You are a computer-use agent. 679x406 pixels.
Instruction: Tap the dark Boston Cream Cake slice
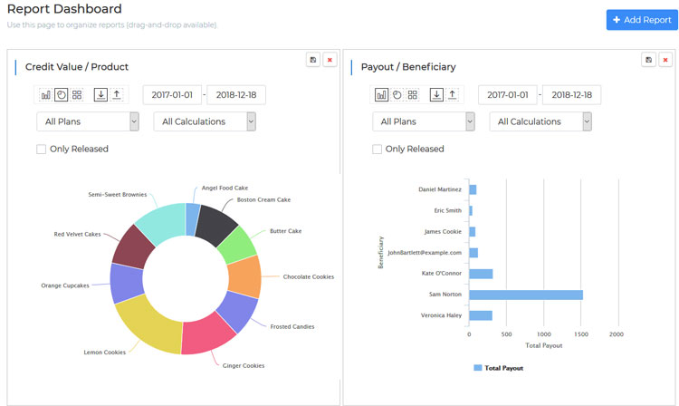click(217, 221)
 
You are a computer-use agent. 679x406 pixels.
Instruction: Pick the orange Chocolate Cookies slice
click(244, 275)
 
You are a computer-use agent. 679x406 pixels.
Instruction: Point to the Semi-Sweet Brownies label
click(117, 194)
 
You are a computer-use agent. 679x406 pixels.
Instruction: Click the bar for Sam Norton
click(525, 295)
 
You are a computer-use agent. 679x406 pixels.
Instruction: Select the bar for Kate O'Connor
click(480, 274)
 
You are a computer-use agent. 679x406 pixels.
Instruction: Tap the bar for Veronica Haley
click(480, 315)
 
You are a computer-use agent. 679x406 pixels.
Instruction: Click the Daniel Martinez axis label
click(440, 189)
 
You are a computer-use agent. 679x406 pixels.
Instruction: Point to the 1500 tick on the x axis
click(580, 334)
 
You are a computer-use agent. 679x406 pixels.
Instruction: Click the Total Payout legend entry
click(498, 368)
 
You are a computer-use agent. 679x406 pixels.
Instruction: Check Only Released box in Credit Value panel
click(42, 149)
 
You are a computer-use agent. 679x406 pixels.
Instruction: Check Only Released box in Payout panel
click(378, 149)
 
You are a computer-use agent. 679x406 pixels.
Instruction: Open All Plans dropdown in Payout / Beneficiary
click(423, 121)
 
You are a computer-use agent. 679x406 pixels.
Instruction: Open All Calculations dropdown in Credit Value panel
click(205, 121)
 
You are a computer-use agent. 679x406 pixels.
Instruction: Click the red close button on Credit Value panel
click(330, 60)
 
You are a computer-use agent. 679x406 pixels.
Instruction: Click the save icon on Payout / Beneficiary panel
click(648, 60)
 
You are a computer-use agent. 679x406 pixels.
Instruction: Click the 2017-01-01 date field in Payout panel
click(508, 94)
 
